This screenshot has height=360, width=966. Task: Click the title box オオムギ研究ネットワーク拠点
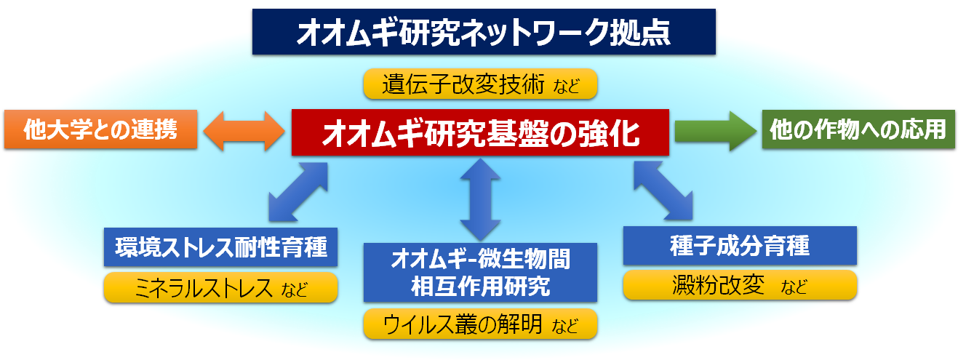(484, 32)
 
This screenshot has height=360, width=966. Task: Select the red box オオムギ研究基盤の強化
(480, 132)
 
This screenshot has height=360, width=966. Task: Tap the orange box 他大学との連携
(101, 129)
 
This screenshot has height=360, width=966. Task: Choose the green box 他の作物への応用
(858, 129)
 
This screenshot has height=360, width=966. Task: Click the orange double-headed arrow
(244, 131)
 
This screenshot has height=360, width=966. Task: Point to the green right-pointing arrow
(716, 131)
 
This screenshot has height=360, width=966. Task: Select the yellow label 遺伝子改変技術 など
(480, 84)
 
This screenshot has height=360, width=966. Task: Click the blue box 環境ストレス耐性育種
(221, 247)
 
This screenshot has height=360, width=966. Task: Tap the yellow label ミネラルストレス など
(221, 287)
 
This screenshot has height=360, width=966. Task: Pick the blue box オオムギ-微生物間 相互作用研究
(480, 273)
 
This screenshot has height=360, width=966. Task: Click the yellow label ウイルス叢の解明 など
(480, 324)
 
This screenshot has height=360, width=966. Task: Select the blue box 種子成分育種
(740, 245)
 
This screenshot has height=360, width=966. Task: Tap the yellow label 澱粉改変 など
(740, 285)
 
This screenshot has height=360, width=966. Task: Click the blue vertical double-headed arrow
(480, 199)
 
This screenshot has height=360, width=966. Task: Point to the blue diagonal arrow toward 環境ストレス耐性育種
(298, 192)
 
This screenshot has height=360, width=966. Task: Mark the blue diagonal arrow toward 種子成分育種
(663, 191)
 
